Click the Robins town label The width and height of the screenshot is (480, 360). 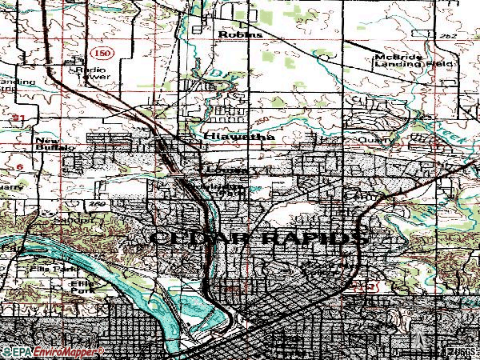click(x=241, y=35)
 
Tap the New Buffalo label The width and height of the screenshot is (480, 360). click(x=54, y=145)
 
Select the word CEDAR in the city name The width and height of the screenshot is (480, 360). click(x=193, y=238)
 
